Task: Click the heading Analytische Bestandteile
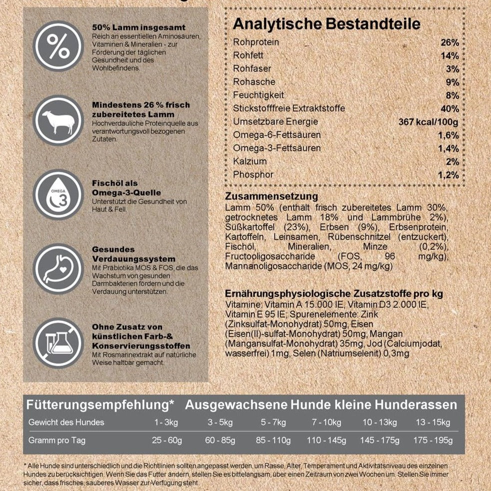[326, 24]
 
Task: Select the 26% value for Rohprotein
[449, 42]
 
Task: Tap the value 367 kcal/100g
[428, 122]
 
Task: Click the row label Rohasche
[254, 82]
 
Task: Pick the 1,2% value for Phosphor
[448, 175]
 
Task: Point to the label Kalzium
[250, 161]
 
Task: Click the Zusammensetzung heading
[271, 197]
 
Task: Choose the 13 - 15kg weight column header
[432, 422]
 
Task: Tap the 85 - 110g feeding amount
[273, 440]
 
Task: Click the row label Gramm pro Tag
[57, 440]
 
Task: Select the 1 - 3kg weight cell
[166, 422]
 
